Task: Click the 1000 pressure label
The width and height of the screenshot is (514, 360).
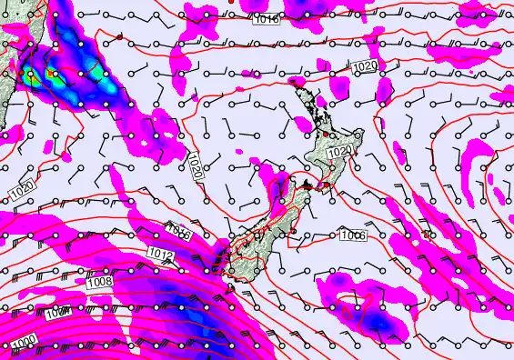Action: click(25, 340)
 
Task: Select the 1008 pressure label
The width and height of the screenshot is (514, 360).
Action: click(100, 282)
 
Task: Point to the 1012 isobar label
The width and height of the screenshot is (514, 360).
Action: click(161, 254)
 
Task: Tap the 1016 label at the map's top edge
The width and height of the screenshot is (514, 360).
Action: click(267, 18)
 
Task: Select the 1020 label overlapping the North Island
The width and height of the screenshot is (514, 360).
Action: click(339, 151)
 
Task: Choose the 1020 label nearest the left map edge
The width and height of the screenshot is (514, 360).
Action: click(25, 191)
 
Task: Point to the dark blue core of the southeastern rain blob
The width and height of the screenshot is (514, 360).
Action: click(383, 320)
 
